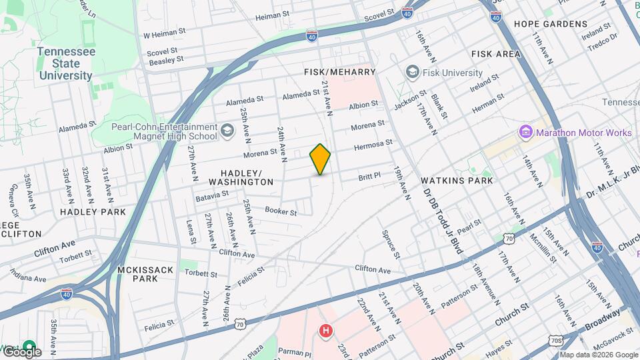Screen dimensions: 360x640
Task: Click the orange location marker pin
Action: (x=321, y=159)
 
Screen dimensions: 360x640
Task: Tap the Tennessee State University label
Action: (x=66, y=63)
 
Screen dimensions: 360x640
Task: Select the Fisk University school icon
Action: (x=412, y=72)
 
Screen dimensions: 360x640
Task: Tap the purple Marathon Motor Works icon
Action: (x=526, y=132)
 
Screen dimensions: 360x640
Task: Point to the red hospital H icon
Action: (x=325, y=330)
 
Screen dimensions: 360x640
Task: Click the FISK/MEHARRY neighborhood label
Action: (x=340, y=71)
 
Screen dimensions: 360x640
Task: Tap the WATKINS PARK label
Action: (x=457, y=180)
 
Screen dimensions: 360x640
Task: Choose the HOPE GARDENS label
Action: (x=550, y=24)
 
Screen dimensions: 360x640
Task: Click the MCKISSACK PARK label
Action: (x=145, y=274)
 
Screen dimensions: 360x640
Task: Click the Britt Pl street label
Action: (x=369, y=175)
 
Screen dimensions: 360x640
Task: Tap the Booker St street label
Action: (x=280, y=211)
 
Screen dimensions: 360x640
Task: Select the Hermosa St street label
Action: (x=373, y=143)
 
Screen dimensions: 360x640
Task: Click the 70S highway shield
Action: (x=555, y=341)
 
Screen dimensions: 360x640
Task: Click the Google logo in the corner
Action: (x=22, y=351)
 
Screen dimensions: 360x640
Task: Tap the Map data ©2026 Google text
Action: (x=598, y=355)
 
